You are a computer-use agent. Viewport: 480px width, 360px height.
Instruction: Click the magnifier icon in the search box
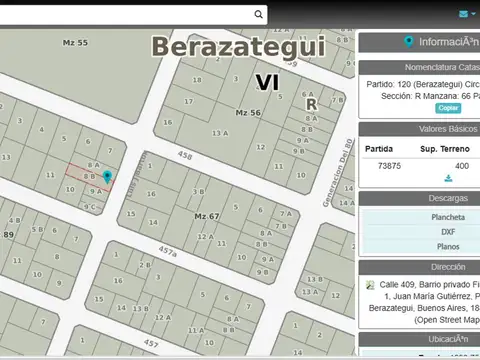coord(259,14)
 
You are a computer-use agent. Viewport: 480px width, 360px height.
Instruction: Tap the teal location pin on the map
coord(107,177)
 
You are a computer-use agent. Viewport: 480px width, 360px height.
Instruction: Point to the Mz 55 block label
coord(75,43)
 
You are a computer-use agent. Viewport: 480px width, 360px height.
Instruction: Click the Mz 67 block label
coord(206,216)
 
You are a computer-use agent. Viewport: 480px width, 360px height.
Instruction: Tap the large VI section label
coord(266,82)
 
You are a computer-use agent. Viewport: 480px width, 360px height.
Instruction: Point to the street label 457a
coord(167,251)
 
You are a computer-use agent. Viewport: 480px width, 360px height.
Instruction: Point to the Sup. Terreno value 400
coord(461,166)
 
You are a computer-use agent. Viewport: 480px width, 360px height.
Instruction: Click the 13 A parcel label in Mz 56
coord(219,132)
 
